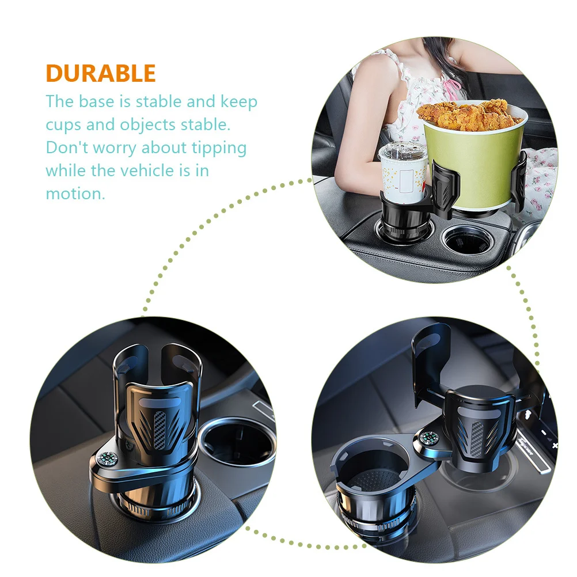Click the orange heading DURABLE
[x=101, y=74]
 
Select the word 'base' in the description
[x=111, y=102]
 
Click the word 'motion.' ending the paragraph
[x=75, y=193]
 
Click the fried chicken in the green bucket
[x=474, y=116]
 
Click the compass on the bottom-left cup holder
[x=107, y=459]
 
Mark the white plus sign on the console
[x=555, y=446]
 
